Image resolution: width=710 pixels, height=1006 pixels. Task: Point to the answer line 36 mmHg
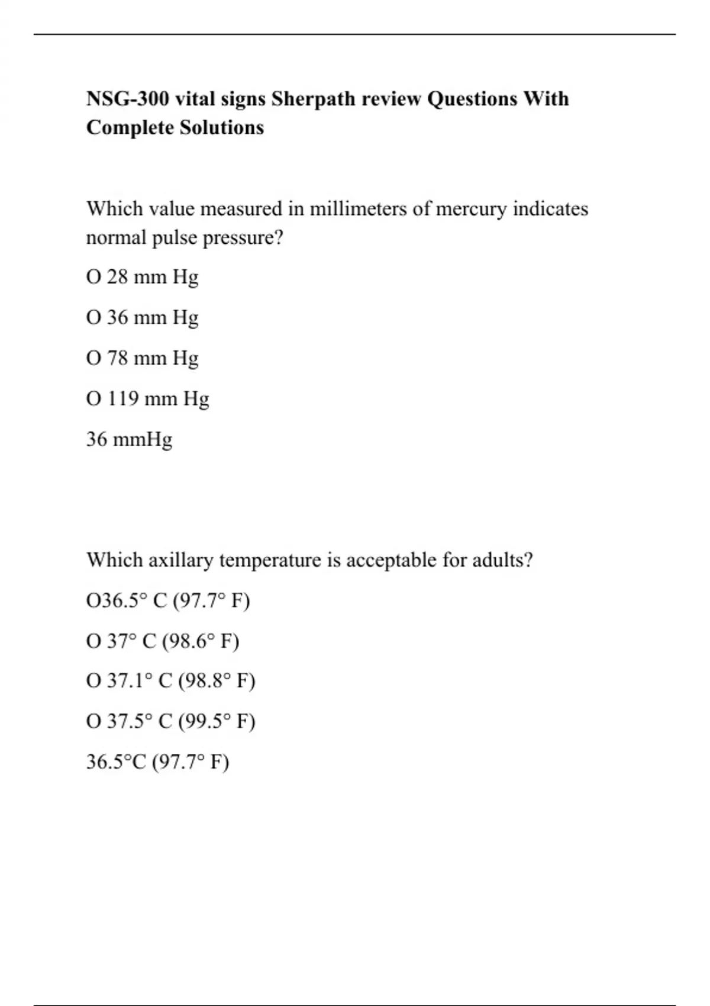129,440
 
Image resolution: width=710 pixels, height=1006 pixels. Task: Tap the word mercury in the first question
471,209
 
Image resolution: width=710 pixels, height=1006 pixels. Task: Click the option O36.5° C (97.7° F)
168,601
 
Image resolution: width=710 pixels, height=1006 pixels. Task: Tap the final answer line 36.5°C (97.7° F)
157,762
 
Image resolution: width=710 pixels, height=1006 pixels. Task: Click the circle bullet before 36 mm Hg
93,318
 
